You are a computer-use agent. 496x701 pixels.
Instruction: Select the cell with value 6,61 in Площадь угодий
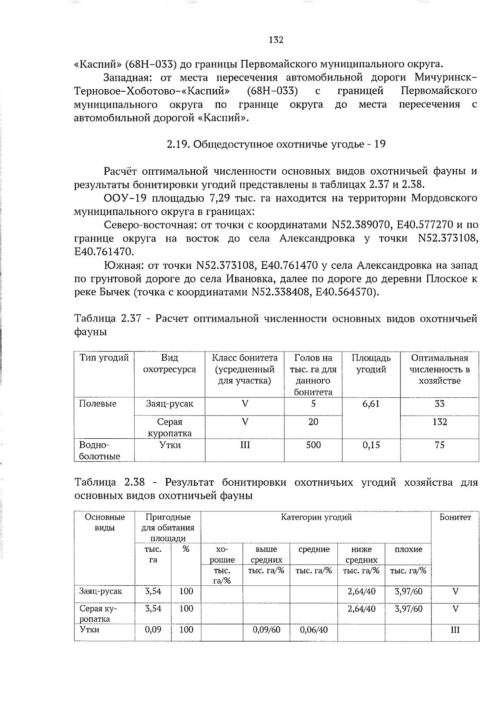pyautogui.click(x=371, y=404)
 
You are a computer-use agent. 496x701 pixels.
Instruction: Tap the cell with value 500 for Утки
pyautogui.click(x=313, y=445)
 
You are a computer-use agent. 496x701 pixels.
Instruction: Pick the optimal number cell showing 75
pyautogui.click(x=439, y=445)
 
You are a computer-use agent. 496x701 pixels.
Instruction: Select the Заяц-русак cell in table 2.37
pyautogui.click(x=169, y=404)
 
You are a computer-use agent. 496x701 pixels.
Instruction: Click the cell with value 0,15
pyautogui.click(x=371, y=445)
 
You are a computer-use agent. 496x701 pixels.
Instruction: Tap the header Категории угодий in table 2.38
pyautogui.click(x=316, y=517)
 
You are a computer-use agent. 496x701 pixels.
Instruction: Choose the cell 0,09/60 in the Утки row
pyautogui.click(x=266, y=630)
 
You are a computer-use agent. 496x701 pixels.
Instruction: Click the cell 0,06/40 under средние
pyautogui.click(x=314, y=630)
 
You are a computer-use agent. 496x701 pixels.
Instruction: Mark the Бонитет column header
pyautogui.click(x=455, y=517)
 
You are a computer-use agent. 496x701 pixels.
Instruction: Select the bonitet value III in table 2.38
pyautogui.click(x=455, y=630)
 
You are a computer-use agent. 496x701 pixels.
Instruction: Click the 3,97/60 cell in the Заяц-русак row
pyautogui.click(x=408, y=591)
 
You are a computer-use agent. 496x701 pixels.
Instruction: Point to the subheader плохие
pyautogui.click(x=408, y=549)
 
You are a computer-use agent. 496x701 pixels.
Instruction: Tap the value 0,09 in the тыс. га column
pyautogui.click(x=153, y=630)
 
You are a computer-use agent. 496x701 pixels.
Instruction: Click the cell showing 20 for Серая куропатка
pyautogui.click(x=313, y=422)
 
